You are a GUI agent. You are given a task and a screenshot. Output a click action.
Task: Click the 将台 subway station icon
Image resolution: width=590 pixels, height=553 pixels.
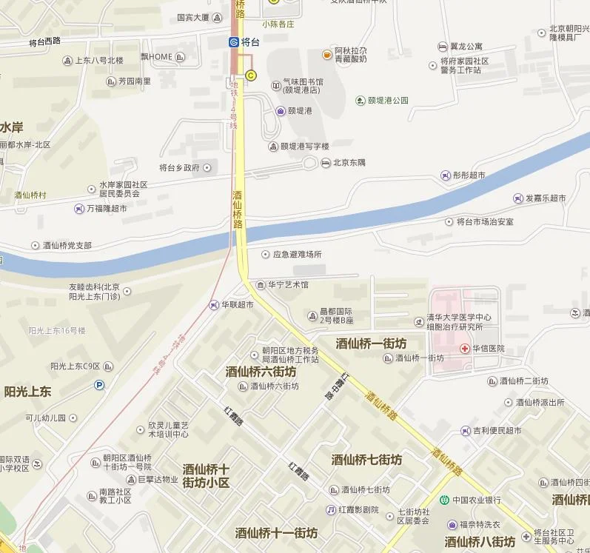coord(234,42)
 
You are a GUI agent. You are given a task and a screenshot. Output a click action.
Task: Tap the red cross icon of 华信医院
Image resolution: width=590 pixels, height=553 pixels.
coord(465,348)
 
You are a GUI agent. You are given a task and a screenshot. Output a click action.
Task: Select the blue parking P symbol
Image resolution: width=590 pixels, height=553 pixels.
coord(99,384)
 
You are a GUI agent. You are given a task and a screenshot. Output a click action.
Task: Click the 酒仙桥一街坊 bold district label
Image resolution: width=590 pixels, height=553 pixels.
coord(371,343)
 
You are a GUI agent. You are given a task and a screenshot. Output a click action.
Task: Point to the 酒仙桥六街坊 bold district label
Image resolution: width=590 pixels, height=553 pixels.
coord(261,372)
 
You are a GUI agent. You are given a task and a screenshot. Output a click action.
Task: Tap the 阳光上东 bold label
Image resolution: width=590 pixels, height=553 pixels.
coord(27,392)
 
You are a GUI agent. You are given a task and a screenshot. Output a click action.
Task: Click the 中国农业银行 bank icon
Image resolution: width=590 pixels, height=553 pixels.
coord(444,500)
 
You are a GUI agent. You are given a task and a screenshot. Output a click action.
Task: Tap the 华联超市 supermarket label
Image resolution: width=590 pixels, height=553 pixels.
coord(238,304)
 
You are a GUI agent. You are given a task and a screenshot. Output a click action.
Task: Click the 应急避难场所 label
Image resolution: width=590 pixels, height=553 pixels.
coord(297,254)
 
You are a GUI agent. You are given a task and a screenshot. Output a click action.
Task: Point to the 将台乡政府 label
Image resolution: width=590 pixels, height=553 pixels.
coord(179,167)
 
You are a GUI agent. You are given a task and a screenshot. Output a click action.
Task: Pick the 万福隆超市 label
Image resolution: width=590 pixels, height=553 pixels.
coord(106,209)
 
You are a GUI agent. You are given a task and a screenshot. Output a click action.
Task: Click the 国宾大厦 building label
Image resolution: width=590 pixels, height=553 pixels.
coord(193,18)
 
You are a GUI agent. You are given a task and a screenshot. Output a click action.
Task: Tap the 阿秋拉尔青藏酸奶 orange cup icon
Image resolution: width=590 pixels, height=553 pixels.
coord(326,54)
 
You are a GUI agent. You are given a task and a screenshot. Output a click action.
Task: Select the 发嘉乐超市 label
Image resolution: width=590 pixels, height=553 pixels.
coord(546,198)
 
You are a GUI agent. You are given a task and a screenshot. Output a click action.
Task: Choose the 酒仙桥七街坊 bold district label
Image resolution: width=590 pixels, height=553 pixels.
coord(366,460)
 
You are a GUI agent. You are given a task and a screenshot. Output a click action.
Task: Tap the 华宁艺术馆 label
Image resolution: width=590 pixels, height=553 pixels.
coord(288,284)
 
